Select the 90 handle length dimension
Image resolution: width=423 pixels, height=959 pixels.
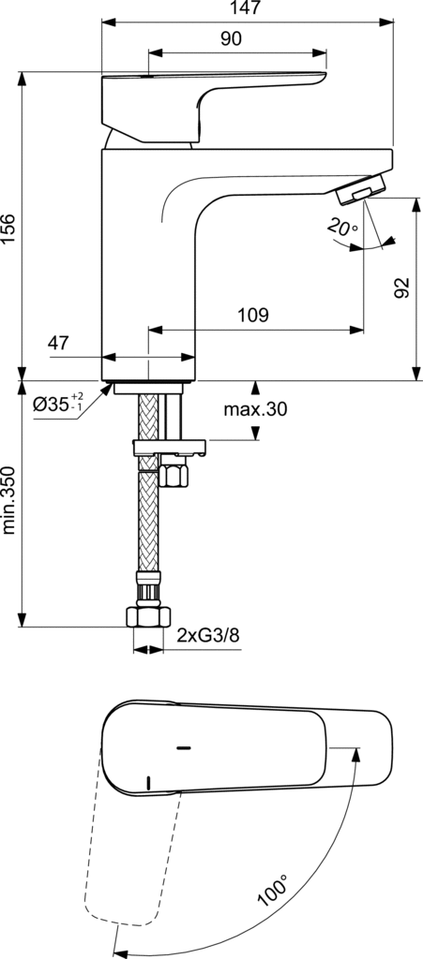pos(231,38)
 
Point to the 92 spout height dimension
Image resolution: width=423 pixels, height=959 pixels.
pos(401,288)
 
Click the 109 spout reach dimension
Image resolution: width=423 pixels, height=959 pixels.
pos(254,315)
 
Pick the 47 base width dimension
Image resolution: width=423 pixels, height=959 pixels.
pos(58,343)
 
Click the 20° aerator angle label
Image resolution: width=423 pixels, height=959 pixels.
pos(342,228)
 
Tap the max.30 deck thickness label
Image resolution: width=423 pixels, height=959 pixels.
pos(255,409)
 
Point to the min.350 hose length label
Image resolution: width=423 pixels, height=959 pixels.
pos(8,500)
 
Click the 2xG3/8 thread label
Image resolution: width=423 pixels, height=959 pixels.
pos(208,635)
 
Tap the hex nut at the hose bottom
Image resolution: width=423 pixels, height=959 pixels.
pos(148,616)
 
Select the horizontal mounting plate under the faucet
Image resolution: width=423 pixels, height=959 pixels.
pos(169,448)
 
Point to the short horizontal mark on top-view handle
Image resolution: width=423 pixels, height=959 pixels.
pos(183,747)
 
